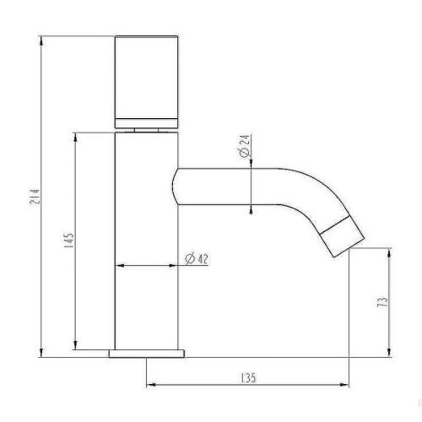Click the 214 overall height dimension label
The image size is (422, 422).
pyautogui.click(x=35, y=197)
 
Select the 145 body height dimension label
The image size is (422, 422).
pyautogui.click(x=69, y=241)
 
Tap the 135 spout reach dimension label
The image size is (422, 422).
pyautogui.click(x=249, y=378)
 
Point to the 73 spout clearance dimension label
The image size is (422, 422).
pyautogui.click(x=383, y=302)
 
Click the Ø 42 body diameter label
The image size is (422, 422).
pyautogui.click(x=197, y=259)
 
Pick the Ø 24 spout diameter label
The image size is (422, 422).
pyautogui.click(x=244, y=146)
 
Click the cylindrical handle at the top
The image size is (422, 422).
pyautogui.click(x=146, y=82)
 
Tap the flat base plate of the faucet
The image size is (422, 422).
pyautogui.click(x=147, y=354)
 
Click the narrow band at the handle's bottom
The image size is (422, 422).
pyautogui.click(x=146, y=123)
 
